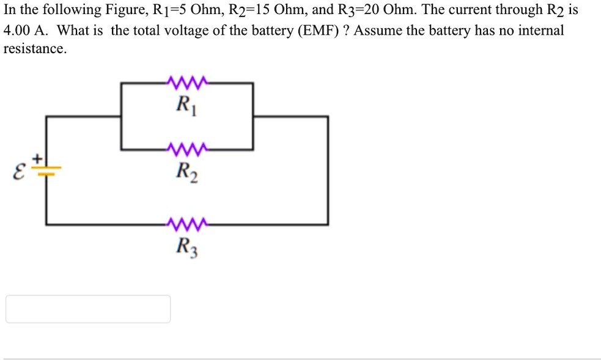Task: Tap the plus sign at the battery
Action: click(x=38, y=159)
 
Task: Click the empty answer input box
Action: click(x=88, y=309)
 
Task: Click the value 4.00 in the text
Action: click(x=17, y=31)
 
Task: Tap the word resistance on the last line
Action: click(x=34, y=50)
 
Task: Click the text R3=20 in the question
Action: click(x=353, y=10)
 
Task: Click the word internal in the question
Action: click(x=541, y=31)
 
